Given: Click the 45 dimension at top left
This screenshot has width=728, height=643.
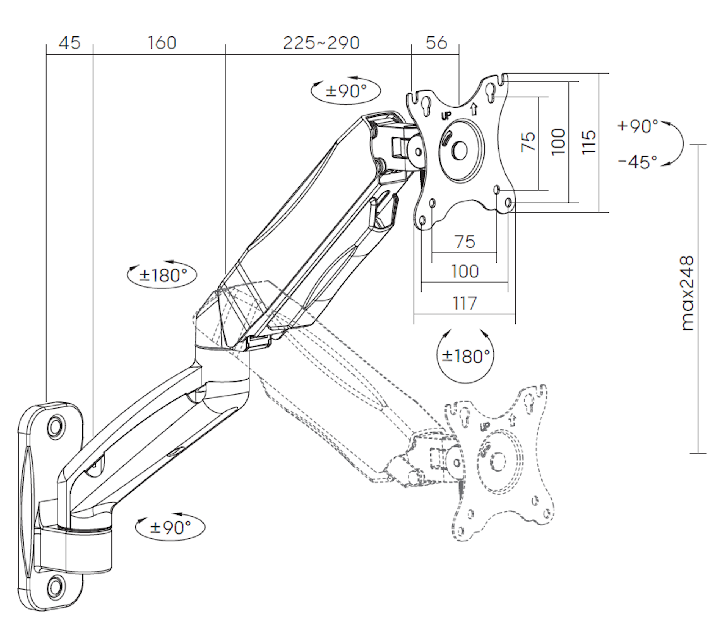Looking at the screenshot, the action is pos(70,43).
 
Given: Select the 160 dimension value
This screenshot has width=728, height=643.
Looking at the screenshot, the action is pos(162,43).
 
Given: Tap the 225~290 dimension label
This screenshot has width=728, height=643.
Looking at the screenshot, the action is pos(321,43).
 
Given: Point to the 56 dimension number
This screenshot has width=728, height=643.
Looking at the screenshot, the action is pos(436,43).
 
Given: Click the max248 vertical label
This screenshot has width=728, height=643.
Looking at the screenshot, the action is pos(687,293).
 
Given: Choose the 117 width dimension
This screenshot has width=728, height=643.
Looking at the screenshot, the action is pos(465,303).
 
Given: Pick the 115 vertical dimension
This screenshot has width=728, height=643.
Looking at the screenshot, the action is pos(589,142).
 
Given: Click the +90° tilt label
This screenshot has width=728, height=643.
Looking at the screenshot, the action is pos(638,126).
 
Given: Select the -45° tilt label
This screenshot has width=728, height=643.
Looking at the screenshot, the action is pos(637,162).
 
